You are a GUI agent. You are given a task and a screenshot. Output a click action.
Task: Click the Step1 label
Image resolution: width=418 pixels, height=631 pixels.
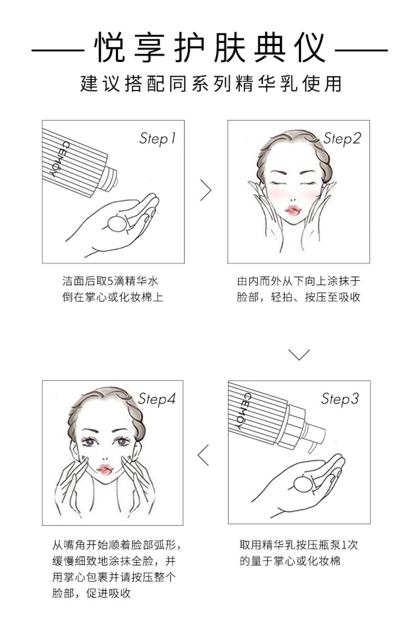157,138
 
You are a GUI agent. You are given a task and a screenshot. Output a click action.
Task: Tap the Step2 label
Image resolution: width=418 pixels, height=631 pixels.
342,138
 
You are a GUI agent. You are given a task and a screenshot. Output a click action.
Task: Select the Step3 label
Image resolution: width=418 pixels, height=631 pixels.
340,399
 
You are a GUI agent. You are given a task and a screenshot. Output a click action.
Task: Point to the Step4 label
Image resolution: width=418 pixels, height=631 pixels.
157,399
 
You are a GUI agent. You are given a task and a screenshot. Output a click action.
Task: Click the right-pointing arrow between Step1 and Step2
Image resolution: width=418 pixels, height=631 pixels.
206,191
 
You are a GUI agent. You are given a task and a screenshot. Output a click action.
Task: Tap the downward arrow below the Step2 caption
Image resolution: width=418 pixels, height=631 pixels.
299,355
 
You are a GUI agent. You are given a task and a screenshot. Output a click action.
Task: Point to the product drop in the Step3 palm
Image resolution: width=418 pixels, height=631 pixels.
303,485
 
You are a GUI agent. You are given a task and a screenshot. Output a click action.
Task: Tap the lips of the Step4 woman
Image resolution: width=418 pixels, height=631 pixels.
104,470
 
